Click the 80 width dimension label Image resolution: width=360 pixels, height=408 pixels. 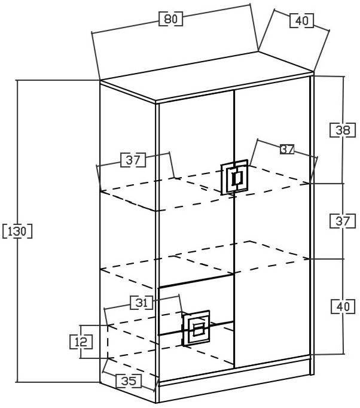[x=171, y=19]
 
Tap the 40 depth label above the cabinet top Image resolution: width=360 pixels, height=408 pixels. [x=302, y=20]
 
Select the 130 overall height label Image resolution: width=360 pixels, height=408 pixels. [x=17, y=231]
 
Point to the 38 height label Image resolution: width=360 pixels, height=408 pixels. [x=342, y=129]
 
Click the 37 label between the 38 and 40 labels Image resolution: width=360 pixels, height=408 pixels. [x=342, y=221]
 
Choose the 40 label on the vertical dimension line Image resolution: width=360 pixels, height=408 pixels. [x=342, y=306]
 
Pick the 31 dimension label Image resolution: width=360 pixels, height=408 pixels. [x=142, y=303]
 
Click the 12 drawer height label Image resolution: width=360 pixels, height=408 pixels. [x=81, y=342]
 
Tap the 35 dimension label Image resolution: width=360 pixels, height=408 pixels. [x=127, y=380]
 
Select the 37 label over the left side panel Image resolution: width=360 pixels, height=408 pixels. [x=133, y=160]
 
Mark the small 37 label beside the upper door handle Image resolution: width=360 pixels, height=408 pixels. [x=287, y=150]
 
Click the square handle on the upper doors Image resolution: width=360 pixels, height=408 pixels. [x=234, y=177]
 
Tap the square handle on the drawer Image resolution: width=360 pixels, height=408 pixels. [x=197, y=328]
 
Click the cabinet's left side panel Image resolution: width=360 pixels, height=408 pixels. [x=128, y=239]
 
